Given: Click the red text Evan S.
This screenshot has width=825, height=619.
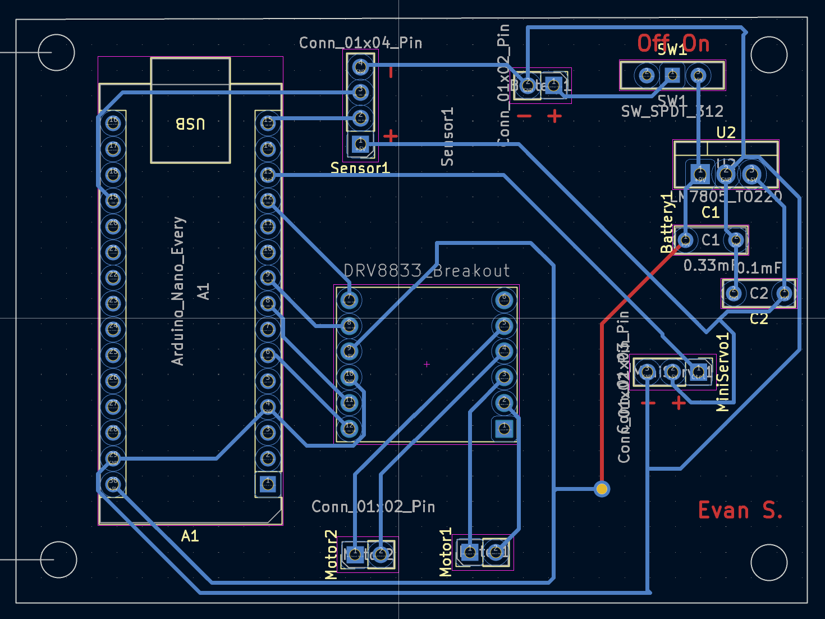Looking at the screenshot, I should pos(740,511).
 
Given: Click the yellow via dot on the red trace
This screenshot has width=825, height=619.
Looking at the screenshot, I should pos(602,489).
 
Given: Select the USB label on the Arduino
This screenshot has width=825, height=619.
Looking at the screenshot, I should pos(190,124).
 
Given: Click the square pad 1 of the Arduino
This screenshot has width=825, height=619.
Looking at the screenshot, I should pos(268,484).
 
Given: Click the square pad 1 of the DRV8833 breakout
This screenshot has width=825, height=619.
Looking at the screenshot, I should pos(504,429).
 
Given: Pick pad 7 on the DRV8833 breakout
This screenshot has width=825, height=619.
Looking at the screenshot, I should pos(349,300).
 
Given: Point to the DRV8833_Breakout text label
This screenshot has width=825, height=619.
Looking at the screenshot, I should pos(427,271).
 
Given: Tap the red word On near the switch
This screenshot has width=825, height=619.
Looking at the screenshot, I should pos(696,43).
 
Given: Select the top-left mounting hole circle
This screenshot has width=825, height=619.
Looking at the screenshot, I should pos(57,53).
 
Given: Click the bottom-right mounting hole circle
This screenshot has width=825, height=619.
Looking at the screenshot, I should pos(769,562).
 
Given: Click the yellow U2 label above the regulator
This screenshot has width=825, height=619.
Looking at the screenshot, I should pos(726,133).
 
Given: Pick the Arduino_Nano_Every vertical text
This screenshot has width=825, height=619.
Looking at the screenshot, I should pos(178,291).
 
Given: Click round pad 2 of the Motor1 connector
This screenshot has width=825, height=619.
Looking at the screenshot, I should pos(495,552).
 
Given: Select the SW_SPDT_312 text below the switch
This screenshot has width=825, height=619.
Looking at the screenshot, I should pos(672,111).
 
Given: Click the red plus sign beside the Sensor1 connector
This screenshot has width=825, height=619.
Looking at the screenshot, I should pos(390,136).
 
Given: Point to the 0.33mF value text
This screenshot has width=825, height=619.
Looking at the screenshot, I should pos(709,265).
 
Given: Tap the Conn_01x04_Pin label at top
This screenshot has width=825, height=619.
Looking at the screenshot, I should pos(360,43).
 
